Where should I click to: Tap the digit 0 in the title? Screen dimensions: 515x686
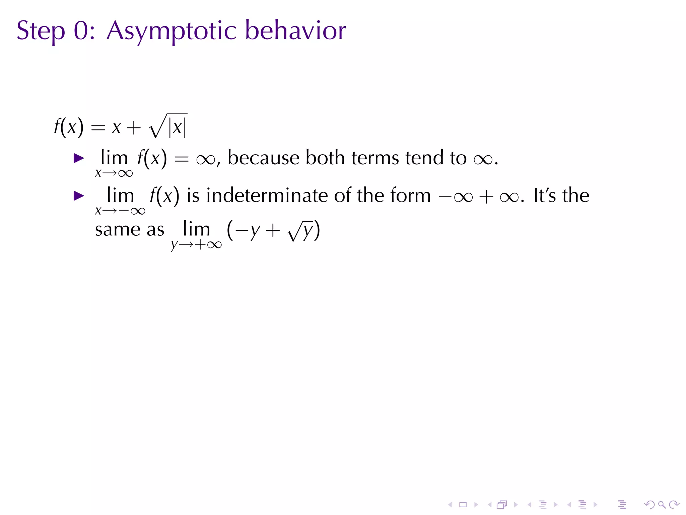tap(81, 31)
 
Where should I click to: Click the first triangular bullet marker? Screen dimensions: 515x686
tap(79, 158)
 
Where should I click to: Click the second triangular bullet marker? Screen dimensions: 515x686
tap(79, 195)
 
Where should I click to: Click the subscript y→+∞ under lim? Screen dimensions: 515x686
tap(196, 245)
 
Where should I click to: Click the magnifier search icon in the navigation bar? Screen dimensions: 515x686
tap(662, 504)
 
